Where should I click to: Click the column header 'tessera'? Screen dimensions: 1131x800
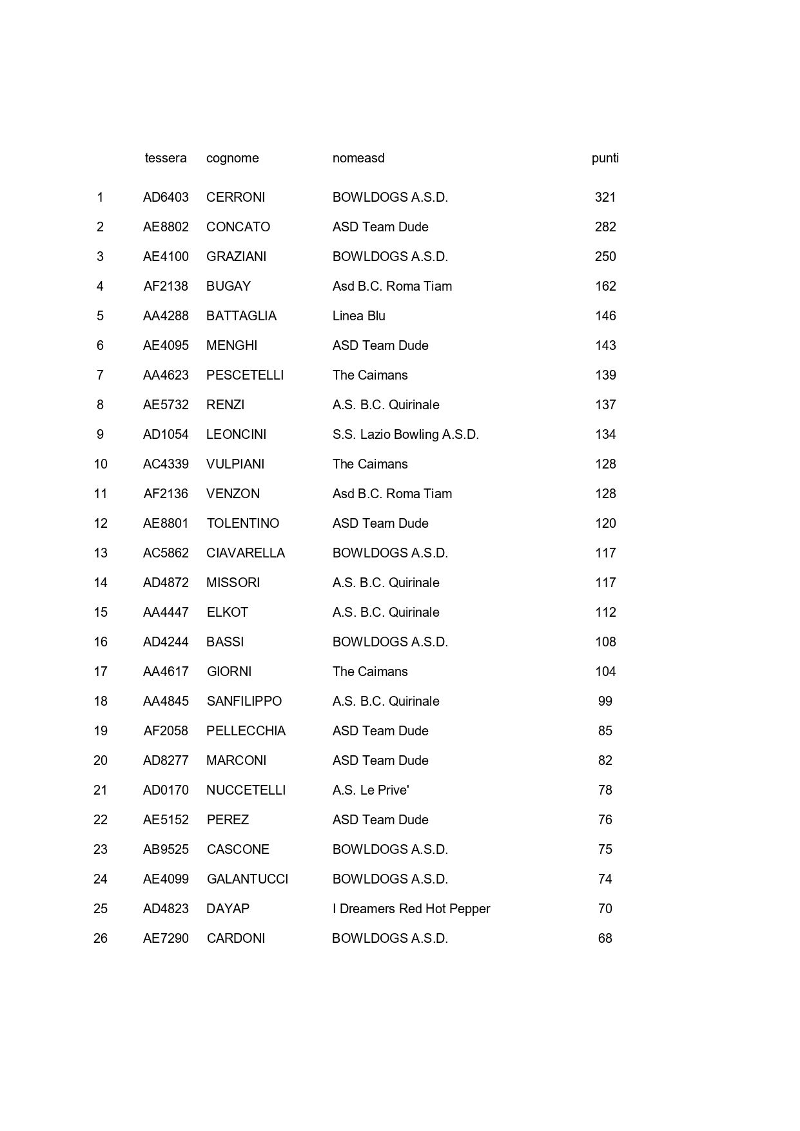tap(166, 158)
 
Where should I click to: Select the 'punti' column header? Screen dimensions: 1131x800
tap(605, 158)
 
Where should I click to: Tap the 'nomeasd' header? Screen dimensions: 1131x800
tap(358, 158)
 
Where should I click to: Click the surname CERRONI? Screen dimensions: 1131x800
tap(235, 197)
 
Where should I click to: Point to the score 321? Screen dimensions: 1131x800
tap(605, 197)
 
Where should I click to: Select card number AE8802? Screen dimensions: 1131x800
tap(166, 227)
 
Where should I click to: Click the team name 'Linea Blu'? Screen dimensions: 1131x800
tap(358, 316)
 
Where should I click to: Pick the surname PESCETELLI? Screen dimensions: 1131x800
tap(245, 375)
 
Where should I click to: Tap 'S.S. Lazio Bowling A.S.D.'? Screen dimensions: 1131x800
tap(405, 434)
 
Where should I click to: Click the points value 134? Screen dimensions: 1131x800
tap(605, 434)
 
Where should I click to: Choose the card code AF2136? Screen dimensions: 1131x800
tap(166, 494)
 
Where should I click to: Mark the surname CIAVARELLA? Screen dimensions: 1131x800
tap(246, 553)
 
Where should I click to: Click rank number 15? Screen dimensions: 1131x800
tap(101, 612)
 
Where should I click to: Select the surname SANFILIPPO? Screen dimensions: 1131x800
tap(244, 701)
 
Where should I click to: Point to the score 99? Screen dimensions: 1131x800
tap(605, 701)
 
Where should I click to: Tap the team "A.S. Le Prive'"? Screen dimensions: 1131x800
tap(371, 790)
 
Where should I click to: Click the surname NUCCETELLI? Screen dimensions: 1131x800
tap(246, 790)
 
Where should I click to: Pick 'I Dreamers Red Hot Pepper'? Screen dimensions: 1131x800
tap(411, 909)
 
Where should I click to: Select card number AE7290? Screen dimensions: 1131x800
tap(166, 938)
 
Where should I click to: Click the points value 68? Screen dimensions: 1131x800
tap(605, 938)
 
